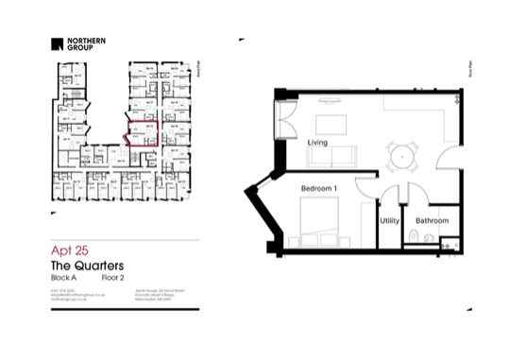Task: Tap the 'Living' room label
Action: pyautogui.click(x=318, y=143)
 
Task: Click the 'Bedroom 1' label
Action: pyautogui.click(x=319, y=189)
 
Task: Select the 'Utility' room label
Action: pyautogui.click(x=389, y=221)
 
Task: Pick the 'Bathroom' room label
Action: pyautogui.click(x=433, y=221)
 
